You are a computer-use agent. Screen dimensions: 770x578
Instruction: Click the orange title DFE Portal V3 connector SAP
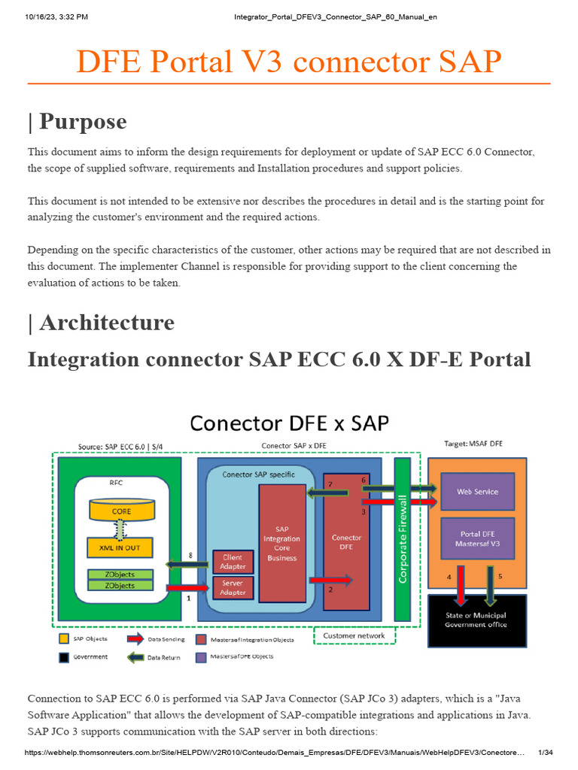click(288, 62)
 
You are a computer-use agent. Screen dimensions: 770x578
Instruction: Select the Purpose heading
click(77, 121)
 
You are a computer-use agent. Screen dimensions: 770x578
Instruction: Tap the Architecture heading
click(101, 323)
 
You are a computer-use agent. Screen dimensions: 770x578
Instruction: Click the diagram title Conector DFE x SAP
click(289, 423)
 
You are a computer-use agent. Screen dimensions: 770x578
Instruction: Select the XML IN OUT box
click(120, 548)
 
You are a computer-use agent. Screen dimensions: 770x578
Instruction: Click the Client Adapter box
click(233, 562)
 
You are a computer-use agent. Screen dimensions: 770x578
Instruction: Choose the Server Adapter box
click(233, 588)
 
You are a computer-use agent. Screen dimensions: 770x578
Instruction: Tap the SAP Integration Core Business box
click(282, 543)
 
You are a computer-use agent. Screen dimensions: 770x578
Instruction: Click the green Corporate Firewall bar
click(403, 538)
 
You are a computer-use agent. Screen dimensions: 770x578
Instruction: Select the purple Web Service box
click(477, 492)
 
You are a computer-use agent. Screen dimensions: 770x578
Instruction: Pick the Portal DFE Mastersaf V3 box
click(477, 538)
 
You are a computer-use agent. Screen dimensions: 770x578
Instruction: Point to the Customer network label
click(354, 635)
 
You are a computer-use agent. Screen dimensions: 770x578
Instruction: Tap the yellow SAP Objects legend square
click(65, 639)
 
